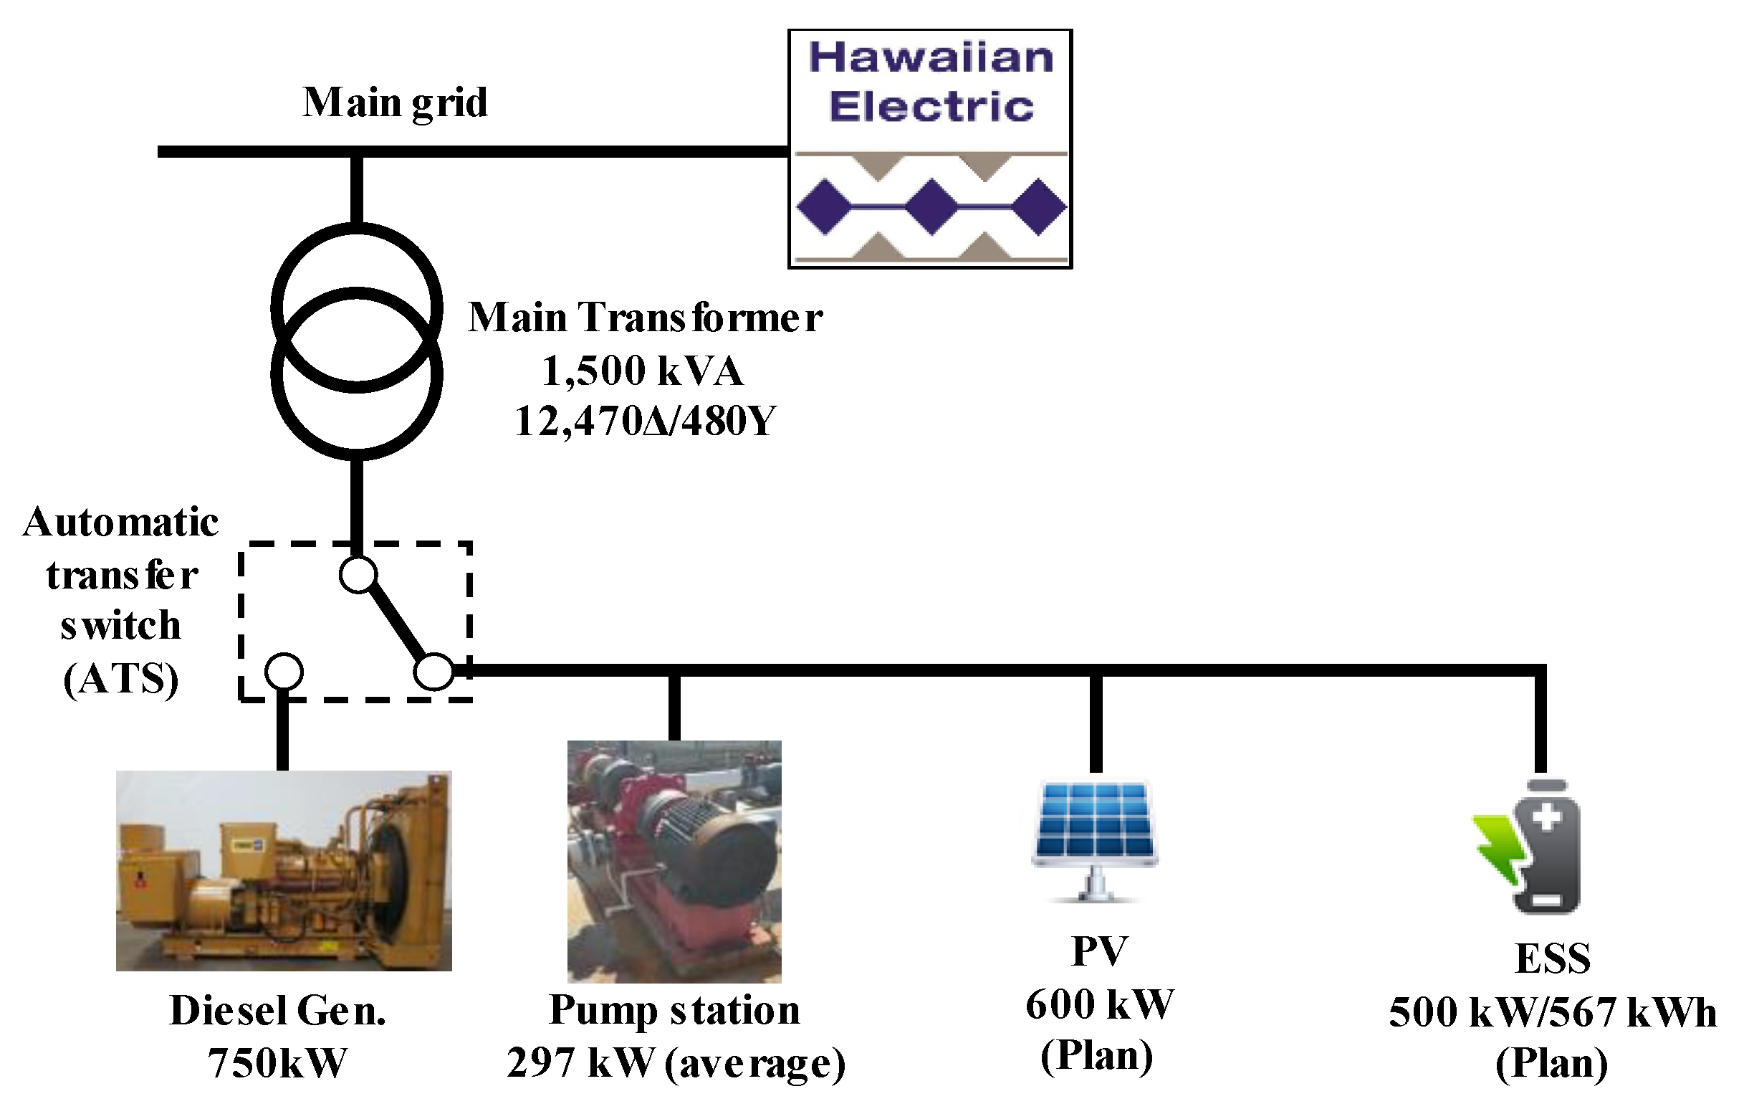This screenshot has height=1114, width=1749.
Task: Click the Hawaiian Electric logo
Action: (x=931, y=149)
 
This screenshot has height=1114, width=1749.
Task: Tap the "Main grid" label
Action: (x=395, y=103)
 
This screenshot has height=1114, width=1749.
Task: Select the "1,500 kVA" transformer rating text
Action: (x=643, y=371)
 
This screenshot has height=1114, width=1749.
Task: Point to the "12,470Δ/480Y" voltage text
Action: (x=645, y=421)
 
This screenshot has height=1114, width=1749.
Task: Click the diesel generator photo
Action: (x=284, y=870)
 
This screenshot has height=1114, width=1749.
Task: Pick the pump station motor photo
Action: (x=674, y=861)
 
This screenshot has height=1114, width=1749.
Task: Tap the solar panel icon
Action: (x=1096, y=841)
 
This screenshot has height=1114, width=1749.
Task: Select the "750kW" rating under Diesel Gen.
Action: (x=277, y=1063)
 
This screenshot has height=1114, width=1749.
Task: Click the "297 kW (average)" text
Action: (x=676, y=1063)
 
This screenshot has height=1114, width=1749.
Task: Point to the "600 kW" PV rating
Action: (x=1100, y=1005)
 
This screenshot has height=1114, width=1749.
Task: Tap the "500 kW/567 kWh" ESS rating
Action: (x=1553, y=1012)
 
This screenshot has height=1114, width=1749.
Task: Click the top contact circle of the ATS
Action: (x=359, y=575)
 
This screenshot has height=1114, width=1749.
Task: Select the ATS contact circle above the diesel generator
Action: (x=284, y=672)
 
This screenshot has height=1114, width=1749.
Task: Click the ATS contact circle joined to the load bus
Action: (x=434, y=671)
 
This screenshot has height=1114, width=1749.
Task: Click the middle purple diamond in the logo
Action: (x=931, y=207)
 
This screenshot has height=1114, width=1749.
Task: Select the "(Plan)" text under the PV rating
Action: (x=1097, y=1056)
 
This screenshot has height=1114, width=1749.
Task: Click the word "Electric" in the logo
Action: (x=932, y=107)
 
